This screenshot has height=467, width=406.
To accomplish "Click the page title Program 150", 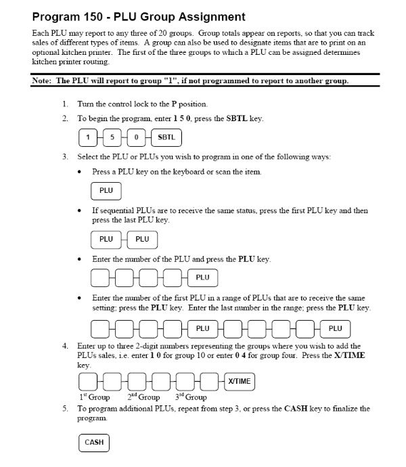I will pos(139,16).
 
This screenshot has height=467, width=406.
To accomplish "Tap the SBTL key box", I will pos(166,137).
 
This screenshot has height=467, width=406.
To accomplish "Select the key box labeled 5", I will pos(112,137).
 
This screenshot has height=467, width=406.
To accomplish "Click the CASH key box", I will pos(94,442).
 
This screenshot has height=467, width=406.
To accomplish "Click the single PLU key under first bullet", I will pos(106,190).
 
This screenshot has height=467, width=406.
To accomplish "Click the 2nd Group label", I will pos(143,397).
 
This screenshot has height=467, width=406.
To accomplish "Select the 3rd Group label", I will pos(191,397).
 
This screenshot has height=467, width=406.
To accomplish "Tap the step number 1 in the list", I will pos(65,104).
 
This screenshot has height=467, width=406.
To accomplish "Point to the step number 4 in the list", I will pos(65,346).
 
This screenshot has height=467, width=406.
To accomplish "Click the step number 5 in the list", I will pos(65,409).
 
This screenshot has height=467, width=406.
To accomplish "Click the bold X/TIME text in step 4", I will pos(348,355).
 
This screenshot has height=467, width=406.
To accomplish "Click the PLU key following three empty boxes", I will pos(202,277).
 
